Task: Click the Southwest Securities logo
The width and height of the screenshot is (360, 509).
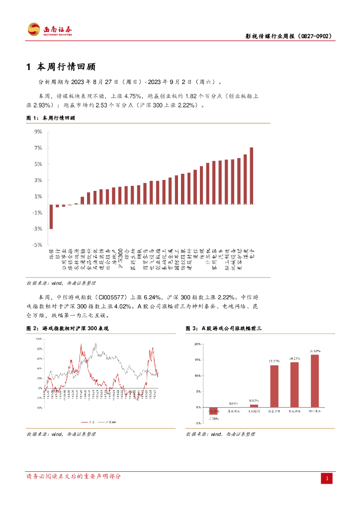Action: point(50,30)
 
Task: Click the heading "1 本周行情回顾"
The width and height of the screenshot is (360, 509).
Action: point(60,67)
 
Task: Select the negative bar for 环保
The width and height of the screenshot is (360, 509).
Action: point(51,217)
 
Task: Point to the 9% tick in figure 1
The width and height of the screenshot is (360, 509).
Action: point(38,132)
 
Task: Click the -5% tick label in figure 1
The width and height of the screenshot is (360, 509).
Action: point(38,245)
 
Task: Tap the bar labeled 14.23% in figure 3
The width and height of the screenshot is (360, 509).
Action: point(294,384)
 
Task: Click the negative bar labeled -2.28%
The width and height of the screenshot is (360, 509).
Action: point(213,411)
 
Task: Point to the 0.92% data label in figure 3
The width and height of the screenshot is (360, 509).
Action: point(254,400)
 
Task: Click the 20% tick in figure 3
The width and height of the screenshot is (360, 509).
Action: point(197,343)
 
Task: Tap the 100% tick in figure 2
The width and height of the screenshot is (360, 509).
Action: point(38,339)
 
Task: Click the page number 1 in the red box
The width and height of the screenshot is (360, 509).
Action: point(328,479)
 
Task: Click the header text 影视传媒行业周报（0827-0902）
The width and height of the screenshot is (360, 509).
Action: point(289,36)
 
